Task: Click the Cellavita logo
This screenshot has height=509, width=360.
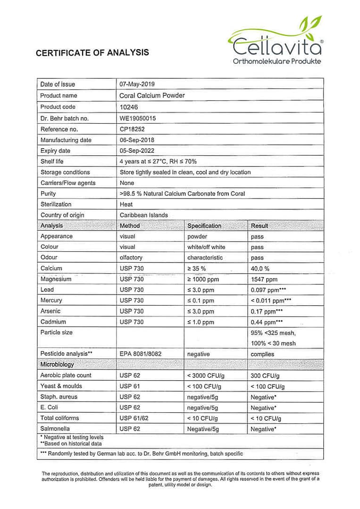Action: pos(276,41)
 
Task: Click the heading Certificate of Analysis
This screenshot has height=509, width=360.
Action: pos(92,53)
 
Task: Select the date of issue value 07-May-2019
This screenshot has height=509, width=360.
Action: pos(137,84)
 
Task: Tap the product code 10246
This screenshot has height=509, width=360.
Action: pos(129,107)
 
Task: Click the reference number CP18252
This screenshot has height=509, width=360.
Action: pos(132,129)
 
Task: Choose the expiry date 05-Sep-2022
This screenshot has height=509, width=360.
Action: pos(137,151)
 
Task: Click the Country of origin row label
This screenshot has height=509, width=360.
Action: pos(62,215)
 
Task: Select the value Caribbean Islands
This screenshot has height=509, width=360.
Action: pos(144,215)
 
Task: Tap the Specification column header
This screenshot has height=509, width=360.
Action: pos(204,226)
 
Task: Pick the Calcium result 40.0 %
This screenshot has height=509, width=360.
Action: pos(260,269)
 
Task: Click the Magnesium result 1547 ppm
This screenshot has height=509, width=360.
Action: pos(264,280)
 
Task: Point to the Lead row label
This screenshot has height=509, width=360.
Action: pos(47,290)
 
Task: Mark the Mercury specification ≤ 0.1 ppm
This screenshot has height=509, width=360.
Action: pos(201,300)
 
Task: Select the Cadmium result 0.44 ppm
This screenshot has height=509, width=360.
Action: pos(267,322)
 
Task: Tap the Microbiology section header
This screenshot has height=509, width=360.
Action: pos(57,365)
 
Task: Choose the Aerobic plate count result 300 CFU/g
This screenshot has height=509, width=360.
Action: pos(265,376)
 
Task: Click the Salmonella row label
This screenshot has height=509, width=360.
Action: pos(55,429)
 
